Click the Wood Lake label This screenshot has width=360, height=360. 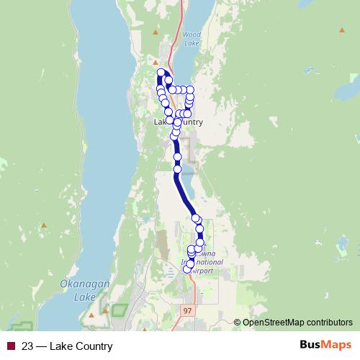tap(192, 38)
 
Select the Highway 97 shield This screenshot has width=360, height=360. tap(187, 310)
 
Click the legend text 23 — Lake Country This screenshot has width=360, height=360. tap(67, 346)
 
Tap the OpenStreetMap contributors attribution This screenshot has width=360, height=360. tap(297, 323)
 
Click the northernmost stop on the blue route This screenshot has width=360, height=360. tap(161, 72)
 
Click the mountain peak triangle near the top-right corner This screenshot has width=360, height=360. tap(339, 32)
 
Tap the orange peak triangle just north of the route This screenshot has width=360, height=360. tap(155, 62)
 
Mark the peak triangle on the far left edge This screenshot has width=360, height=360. tap(44, 225)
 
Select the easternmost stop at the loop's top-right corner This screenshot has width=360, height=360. tap(190, 90)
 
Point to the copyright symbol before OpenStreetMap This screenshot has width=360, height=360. tap(238, 323)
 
